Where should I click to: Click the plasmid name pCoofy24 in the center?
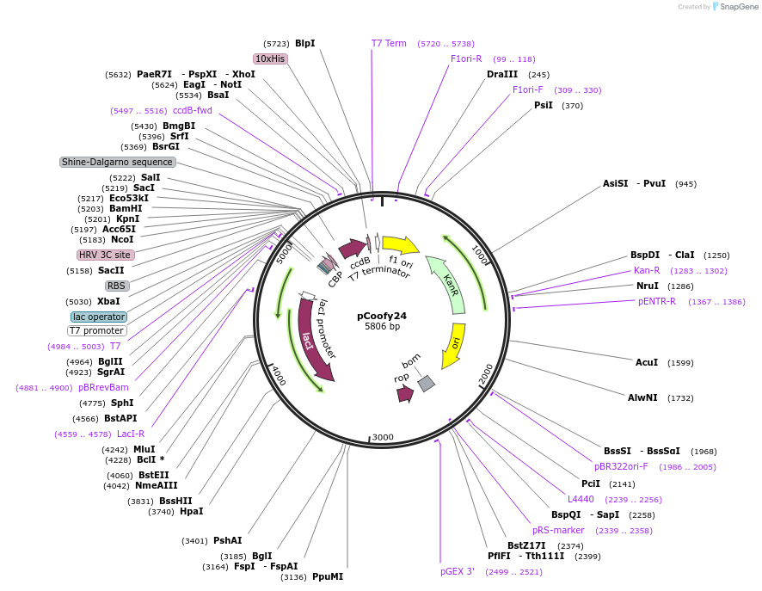point(382,316)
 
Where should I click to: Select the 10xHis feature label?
point(270,58)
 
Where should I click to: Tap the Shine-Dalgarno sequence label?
point(118,162)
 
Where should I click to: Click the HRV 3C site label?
point(106,255)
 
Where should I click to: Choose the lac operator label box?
point(99,317)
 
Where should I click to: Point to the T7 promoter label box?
point(97,330)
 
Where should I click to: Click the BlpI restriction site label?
point(304,43)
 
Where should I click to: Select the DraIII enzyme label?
point(502,75)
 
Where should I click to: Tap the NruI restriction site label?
point(647,286)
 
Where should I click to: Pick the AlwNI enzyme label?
point(643,397)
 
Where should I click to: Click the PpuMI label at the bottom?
point(328,576)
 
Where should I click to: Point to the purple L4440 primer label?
point(581,499)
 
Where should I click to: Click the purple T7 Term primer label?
point(389,43)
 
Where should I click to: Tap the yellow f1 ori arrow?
point(399,244)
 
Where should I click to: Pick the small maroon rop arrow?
point(404,393)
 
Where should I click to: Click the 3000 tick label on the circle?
point(382,437)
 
